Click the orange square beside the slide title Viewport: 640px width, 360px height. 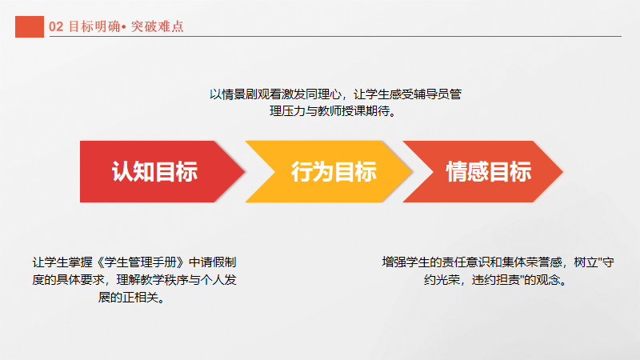tap(30, 26)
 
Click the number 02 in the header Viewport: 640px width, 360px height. tap(56, 27)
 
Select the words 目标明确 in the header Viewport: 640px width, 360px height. tap(94, 26)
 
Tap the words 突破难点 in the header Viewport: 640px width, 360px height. tap(157, 26)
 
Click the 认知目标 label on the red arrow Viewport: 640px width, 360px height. tap(154, 171)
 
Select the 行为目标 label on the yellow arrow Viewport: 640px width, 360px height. tap(334, 171)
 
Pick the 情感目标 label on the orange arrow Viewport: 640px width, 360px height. tap(489, 171)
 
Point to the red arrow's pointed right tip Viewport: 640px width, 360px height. tap(245, 171)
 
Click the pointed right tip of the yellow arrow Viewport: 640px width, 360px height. tap(411, 171)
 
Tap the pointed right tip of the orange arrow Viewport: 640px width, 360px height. tap(563, 171)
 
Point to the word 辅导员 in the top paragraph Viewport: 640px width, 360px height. tap(431, 94)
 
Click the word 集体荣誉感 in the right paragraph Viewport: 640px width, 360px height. tap(532, 262)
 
